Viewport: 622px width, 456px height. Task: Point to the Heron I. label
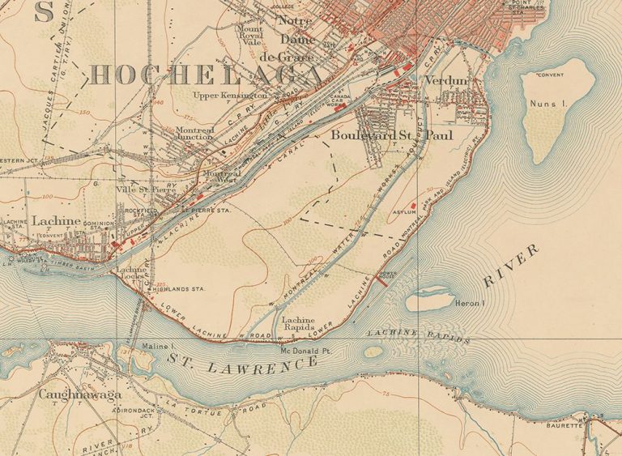click(471, 304)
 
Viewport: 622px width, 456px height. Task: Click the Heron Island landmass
click(428, 301)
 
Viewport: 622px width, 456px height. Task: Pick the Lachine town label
click(56, 219)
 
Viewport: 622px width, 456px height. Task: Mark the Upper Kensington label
click(229, 96)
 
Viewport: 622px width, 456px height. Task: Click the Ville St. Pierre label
click(146, 190)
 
